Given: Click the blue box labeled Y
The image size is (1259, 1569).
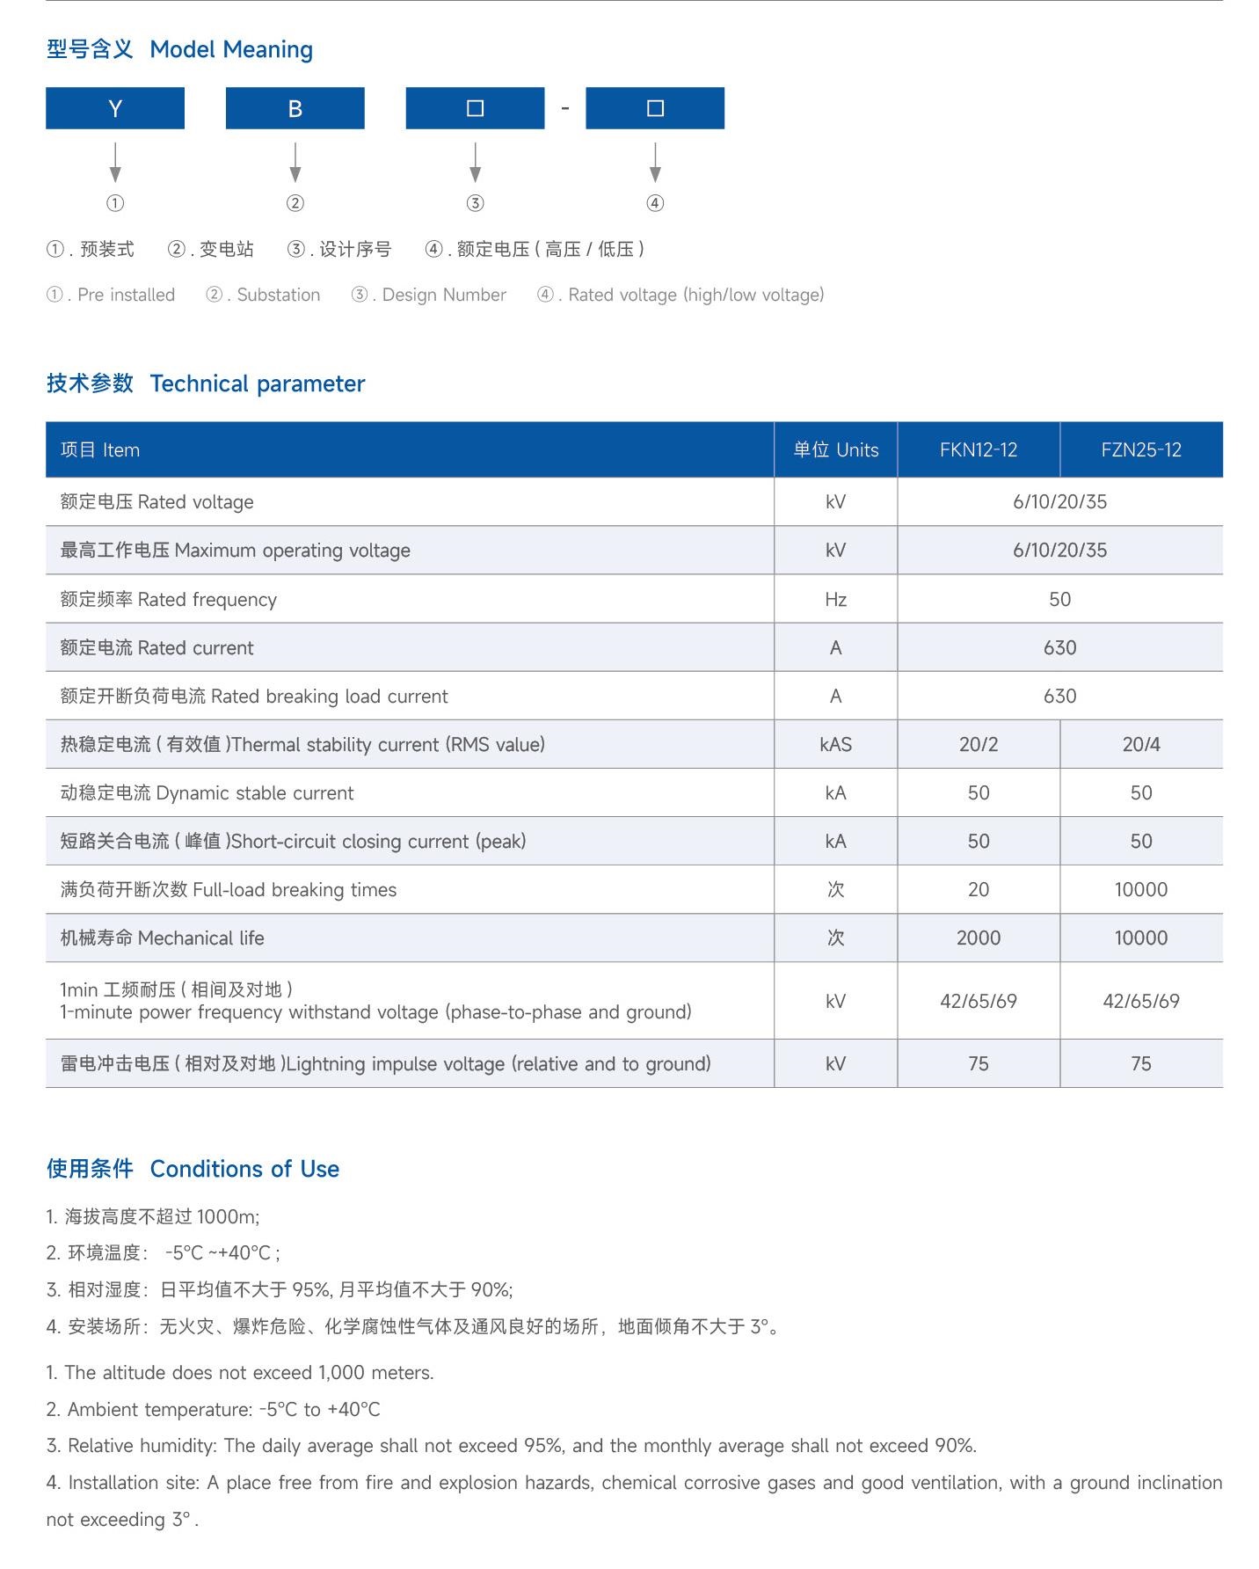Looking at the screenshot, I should pyautogui.click(x=115, y=108).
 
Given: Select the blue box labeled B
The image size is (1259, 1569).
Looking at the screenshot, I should pyautogui.click(x=295, y=108).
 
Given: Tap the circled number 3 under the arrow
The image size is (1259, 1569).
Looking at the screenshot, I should pyautogui.click(x=475, y=203).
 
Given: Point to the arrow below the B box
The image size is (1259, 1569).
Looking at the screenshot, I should pyautogui.click(x=295, y=163).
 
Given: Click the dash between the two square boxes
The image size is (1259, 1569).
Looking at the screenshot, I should pyautogui.click(x=565, y=108).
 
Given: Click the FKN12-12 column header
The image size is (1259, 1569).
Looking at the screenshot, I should pyautogui.click(x=978, y=449).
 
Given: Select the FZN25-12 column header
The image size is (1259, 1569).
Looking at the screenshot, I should pyautogui.click(x=1140, y=449).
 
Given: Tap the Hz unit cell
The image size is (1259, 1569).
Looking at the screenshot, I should pyautogui.click(x=835, y=599).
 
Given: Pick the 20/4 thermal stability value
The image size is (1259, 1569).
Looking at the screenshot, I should pyautogui.click(x=1140, y=744).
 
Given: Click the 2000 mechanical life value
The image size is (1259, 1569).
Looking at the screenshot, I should pyautogui.click(x=978, y=938).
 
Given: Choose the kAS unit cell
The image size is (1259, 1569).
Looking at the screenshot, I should pyautogui.click(x=835, y=744).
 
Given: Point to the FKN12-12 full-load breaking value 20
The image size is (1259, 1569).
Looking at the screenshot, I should pyautogui.click(x=978, y=889).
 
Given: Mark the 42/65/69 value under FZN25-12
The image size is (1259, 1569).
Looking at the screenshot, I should pyautogui.click(x=1140, y=1001).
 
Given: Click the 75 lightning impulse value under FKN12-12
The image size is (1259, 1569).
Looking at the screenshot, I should pyautogui.click(x=978, y=1063).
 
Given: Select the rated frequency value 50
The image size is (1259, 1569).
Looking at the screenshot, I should pyautogui.click(x=1059, y=599).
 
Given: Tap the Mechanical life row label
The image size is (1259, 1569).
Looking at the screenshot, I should pyautogui.click(x=162, y=938).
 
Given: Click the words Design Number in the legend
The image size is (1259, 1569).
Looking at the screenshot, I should pyautogui.click(x=444, y=295).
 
